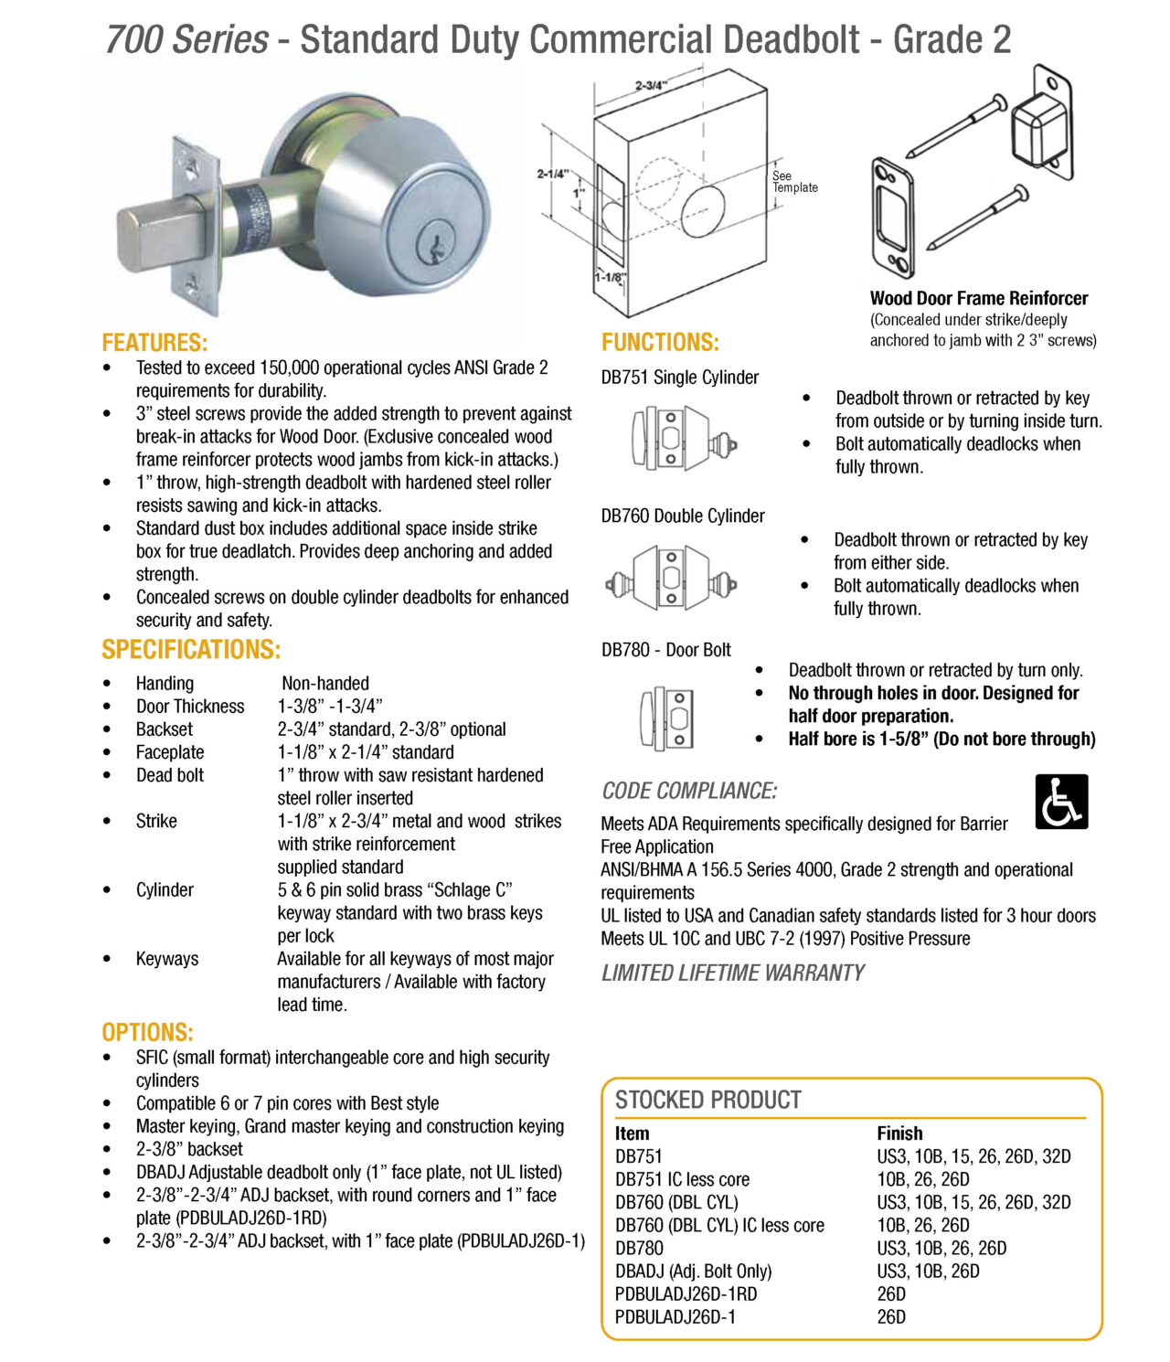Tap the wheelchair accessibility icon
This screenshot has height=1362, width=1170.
[1061, 802]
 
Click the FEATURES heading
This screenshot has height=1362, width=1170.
[154, 343]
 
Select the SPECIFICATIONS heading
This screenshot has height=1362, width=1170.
[191, 650]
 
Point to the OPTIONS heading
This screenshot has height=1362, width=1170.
[147, 1033]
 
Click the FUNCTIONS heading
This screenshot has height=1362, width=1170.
[660, 343]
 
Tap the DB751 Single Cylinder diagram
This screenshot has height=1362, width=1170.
[681, 437]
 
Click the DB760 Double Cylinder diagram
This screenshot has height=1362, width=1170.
[672, 578]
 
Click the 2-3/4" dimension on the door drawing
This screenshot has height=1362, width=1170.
[651, 86]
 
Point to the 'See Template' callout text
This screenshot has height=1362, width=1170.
[794, 182]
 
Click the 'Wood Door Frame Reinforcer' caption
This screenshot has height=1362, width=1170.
[978, 298]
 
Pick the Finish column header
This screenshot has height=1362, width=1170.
[899, 1133]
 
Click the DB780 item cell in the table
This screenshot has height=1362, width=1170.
[639, 1249]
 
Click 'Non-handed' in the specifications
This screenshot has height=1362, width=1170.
[325, 684]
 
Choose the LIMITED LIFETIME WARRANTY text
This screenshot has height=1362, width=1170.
[732, 974]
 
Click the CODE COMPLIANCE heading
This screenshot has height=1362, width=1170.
[689, 792]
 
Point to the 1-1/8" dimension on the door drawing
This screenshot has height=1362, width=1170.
[610, 277]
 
